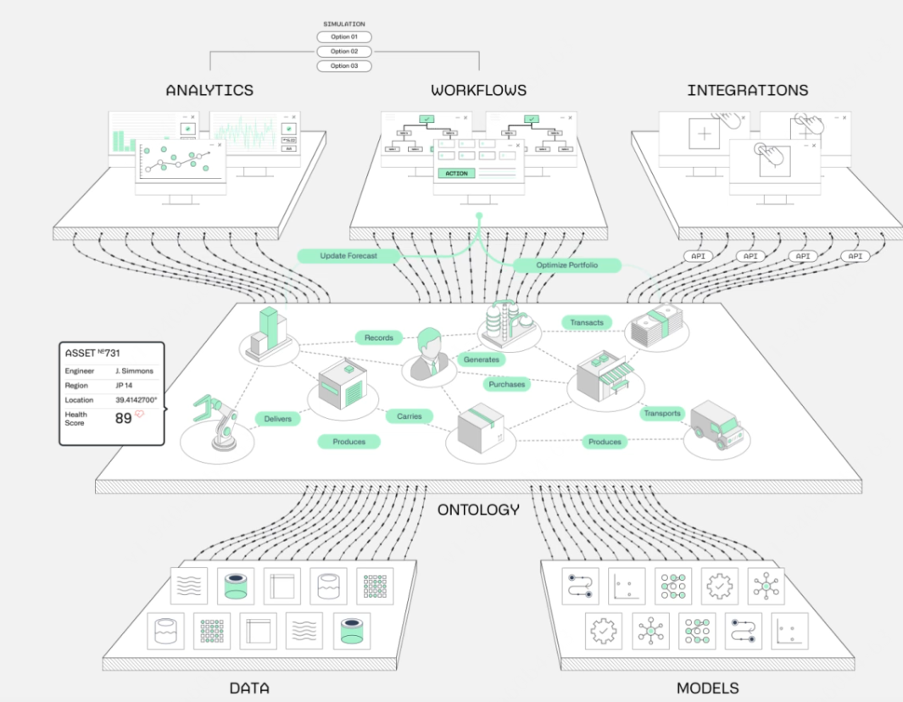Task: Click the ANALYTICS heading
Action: coord(209,90)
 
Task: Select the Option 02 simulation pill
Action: coord(343,52)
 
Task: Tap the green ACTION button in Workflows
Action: coord(456,173)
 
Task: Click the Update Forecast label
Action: coord(348,255)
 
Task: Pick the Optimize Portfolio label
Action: coord(567,265)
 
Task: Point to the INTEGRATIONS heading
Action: coord(747,90)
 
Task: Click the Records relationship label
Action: coord(378,337)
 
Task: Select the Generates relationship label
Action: coord(481,359)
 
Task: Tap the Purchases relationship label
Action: coord(507,384)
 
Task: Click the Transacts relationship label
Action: coord(587,322)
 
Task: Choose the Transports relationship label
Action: coord(661,413)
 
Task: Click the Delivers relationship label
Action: coord(277,418)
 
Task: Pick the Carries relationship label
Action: coord(410,416)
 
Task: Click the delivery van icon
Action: coord(716,425)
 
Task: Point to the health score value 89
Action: coord(124,417)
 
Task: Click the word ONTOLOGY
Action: coord(478,510)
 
